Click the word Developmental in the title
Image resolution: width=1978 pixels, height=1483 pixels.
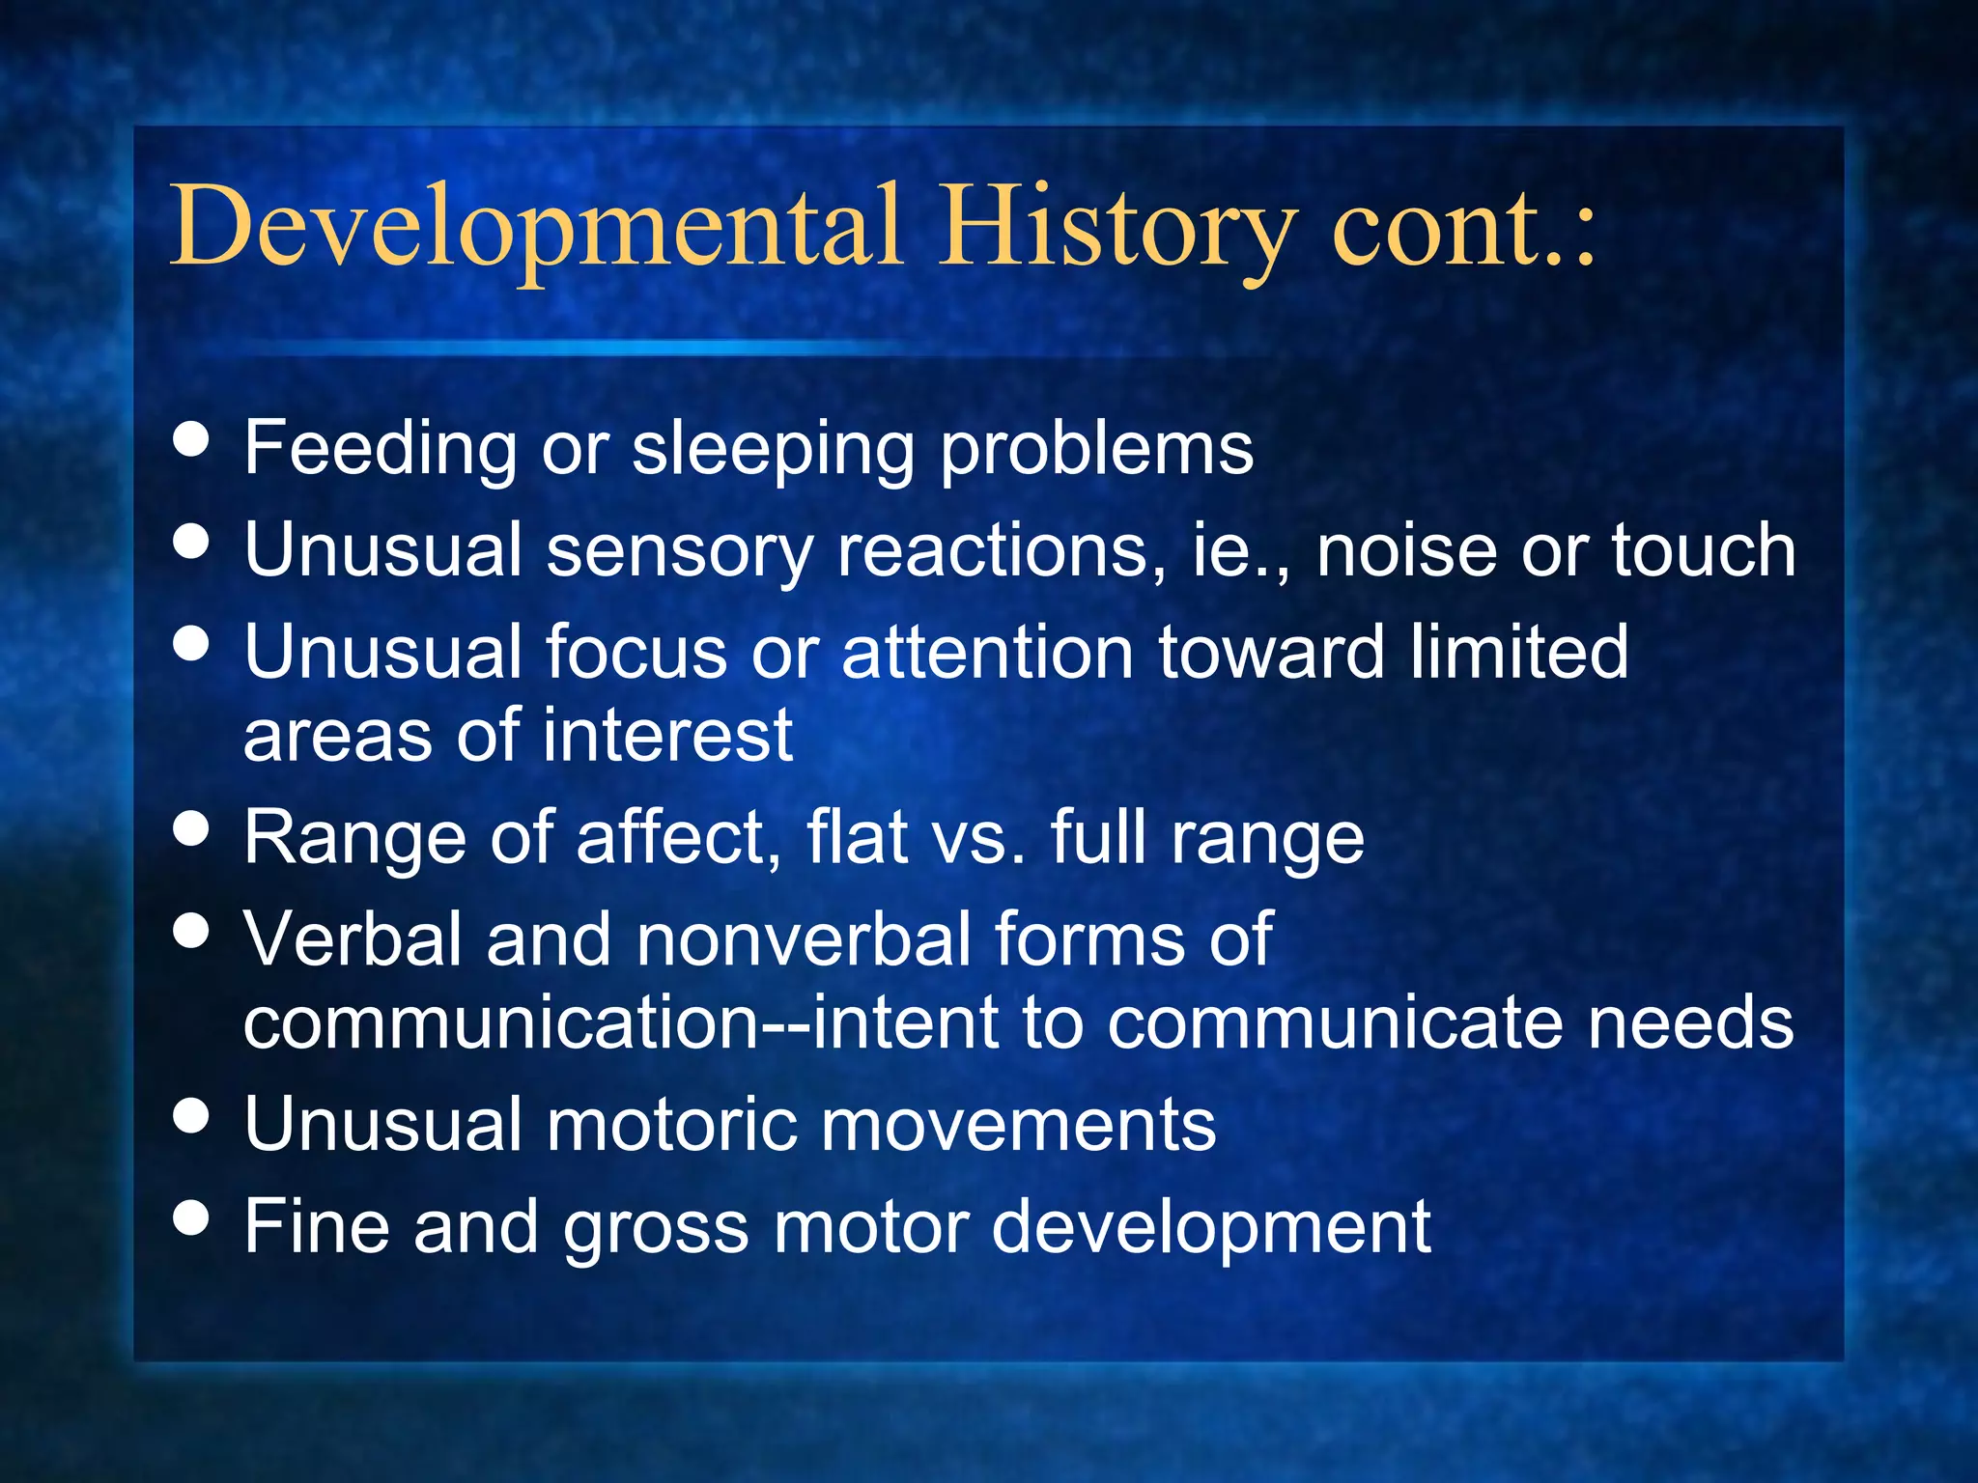[537, 228]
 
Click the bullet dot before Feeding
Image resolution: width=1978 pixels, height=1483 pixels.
[191, 440]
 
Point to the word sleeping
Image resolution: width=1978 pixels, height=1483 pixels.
[773, 450]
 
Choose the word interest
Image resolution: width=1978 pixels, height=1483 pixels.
[667, 737]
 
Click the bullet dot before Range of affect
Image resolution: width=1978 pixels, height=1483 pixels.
[191, 828]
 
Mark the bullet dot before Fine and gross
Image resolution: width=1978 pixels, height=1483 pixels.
[191, 1217]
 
